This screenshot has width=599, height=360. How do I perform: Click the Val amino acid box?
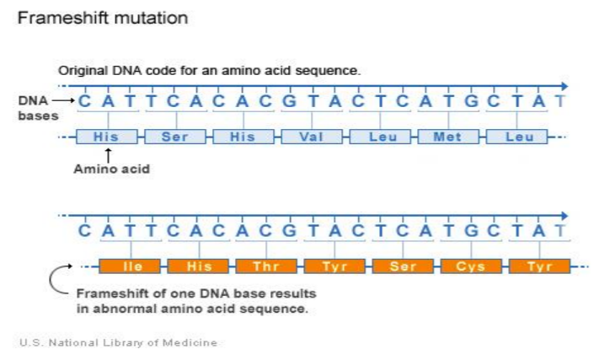[x=312, y=137]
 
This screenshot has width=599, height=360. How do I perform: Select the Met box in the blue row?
[x=448, y=137]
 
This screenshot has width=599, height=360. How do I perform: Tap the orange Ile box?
[x=130, y=266]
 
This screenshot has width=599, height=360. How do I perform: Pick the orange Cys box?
[x=472, y=266]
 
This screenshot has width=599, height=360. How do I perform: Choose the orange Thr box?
[x=266, y=266]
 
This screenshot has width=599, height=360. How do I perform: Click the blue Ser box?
[x=175, y=137]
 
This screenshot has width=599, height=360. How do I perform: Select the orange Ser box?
[x=403, y=266]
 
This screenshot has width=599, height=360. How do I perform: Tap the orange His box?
[x=198, y=266]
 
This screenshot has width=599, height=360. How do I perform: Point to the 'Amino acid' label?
[x=111, y=169]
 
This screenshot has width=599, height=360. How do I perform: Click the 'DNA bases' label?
[x=38, y=108]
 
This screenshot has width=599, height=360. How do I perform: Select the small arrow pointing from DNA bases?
[x=63, y=100]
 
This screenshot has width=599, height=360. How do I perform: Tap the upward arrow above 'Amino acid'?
[x=108, y=155]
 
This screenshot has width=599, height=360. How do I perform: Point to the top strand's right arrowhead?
[x=565, y=86]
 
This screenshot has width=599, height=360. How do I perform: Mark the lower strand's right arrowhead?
[x=565, y=216]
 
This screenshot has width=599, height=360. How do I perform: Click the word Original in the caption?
[x=83, y=71]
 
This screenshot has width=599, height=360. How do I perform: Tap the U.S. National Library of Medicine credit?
[x=118, y=342]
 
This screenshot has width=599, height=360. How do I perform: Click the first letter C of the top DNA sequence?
[x=85, y=101]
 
